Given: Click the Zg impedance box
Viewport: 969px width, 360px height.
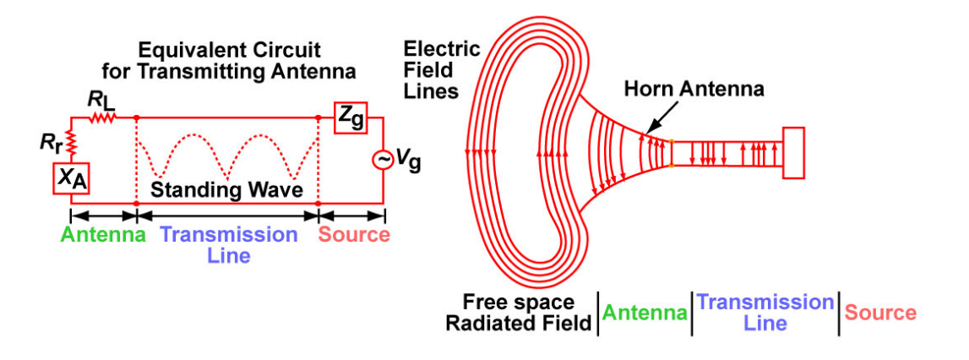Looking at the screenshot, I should click(351, 118).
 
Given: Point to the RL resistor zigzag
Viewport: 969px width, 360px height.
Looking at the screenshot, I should click(102, 118).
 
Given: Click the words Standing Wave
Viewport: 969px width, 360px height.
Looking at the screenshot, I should click(226, 190).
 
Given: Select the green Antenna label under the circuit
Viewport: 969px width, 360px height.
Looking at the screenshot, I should click(103, 234).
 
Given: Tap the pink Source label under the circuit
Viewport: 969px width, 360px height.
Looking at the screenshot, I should click(354, 234).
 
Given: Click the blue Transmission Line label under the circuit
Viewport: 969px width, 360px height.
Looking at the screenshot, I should click(228, 243).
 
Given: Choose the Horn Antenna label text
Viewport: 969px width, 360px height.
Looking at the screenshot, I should click(694, 88).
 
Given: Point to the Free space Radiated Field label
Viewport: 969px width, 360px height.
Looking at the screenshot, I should click(519, 313).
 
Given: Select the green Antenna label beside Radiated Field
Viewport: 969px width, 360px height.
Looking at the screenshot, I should click(645, 314).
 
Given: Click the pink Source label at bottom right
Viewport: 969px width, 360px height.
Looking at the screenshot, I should click(880, 313).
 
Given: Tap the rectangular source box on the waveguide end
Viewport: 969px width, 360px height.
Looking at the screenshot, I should click(795, 153).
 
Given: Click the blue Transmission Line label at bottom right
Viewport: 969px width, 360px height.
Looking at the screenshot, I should click(765, 313).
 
